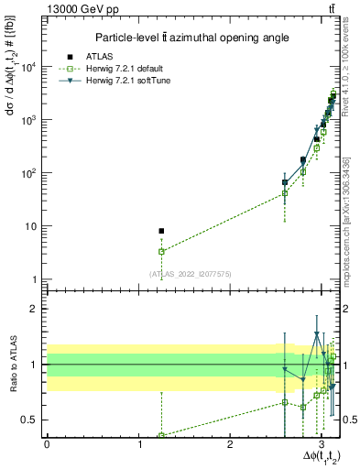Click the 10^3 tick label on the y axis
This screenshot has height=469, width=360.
pyautogui.click(x=29, y=120)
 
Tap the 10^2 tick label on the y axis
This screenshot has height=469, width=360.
pyautogui.click(x=29, y=173)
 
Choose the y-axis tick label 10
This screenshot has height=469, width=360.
pyautogui.click(x=33, y=226)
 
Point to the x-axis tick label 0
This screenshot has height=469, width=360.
pyautogui.click(x=47, y=444)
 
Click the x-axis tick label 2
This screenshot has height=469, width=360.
pyautogui.click(x=231, y=444)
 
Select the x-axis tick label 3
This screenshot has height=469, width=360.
pyautogui.click(x=322, y=444)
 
